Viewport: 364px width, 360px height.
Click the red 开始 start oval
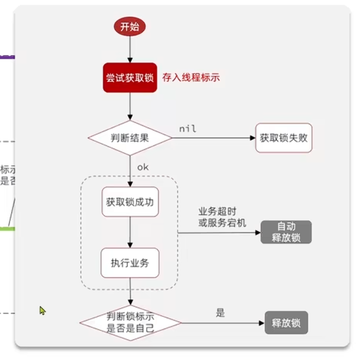pyautogui.click(x=130, y=27)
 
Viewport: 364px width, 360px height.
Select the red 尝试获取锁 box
pyautogui.click(x=130, y=78)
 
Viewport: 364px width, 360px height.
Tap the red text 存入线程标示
pyautogui.click(x=191, y=78)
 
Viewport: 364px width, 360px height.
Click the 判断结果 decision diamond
pyautogui.click(x=130, y=138)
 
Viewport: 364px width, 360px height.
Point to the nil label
pyautogui.click(x=188, y=129)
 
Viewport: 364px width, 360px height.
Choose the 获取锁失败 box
pyautogui.click(x=284, y=138)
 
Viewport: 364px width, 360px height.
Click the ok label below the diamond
pyautogui.click(x=143, y=167)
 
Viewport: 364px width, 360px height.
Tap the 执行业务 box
pyautogui.click(x=130, y=263)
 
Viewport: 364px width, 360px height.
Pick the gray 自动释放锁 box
pyautogui.click(x=286, y=232)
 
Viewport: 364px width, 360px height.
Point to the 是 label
pyautogui.click(x=221, y=313)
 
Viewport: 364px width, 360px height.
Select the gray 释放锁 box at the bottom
pyautogui.click(x=286, y=323)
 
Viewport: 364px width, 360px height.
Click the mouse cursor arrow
pyautogui.click(x=42, y=310)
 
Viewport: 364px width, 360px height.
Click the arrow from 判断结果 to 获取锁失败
pyautogui.click(x=212, y=138)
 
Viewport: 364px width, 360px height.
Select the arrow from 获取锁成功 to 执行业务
pyautogui.click(x=130, y=233)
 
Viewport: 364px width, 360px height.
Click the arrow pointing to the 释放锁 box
pyautogui.click(x=222, y=323)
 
